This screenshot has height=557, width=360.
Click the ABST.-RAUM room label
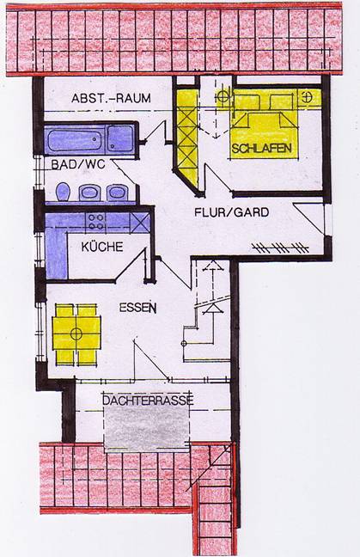(111, 98)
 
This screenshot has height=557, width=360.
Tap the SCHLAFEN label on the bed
(262, 148)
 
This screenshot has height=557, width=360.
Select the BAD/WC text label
(78, 164)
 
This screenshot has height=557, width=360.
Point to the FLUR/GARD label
(231, 212)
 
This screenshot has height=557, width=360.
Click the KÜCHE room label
(102, 247)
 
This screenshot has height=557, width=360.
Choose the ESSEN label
(137, 307)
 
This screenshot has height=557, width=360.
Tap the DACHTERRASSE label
(148, 401)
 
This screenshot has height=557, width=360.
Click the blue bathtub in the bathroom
(75, 139)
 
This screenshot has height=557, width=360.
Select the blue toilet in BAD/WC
(63, 192)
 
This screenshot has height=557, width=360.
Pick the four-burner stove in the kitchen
(96, 222)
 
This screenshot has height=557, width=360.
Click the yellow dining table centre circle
(76, 334)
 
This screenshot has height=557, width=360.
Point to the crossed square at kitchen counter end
(140, 223)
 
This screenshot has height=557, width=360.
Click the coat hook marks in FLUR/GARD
(280, 248)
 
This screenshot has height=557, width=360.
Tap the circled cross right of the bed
(307, 96)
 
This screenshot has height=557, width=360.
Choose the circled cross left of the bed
(223, 96)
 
